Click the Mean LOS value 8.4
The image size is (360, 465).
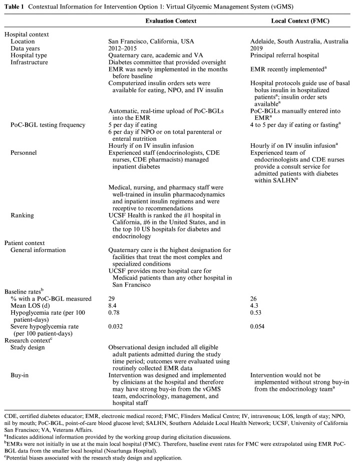pos(113,306)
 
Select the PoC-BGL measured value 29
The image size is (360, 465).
pos(112,299)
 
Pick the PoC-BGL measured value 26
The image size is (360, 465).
pos(253,299)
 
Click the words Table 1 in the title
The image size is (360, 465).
pos(16,7)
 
